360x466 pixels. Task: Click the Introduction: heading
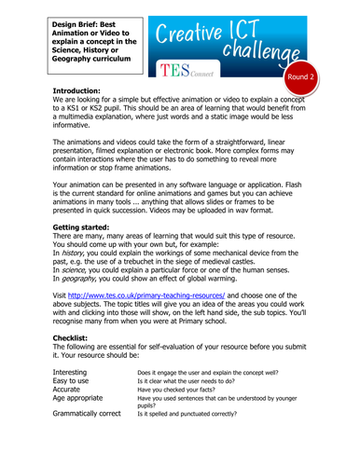point(83,91)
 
